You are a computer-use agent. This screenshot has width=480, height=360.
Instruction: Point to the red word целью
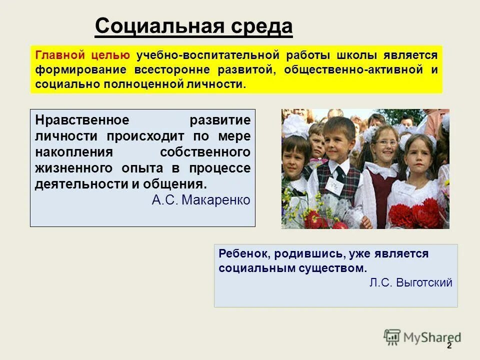(x=110, y=55)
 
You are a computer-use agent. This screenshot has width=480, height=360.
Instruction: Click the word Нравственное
(x=82, y=120)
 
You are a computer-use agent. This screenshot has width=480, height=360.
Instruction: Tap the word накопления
(x=70, y=151)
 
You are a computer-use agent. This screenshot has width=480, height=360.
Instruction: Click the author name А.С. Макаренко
(x=200, y=200)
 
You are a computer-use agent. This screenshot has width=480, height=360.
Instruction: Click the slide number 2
(x=448, y=346)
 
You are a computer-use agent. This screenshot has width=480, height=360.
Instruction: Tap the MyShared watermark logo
(x=422, y=337)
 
